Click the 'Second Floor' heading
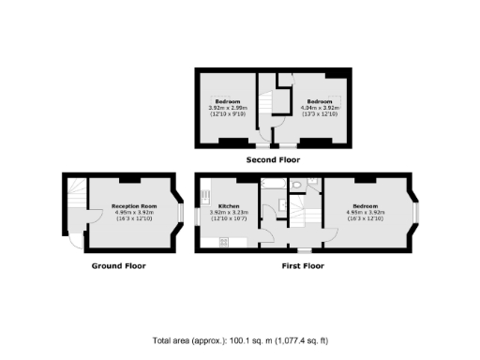tap(272, 160)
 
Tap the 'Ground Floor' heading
tap(118, 265)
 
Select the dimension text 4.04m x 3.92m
tap(319, 108)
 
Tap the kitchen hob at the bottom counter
tap(225, 243)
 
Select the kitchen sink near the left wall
tap(202, 198)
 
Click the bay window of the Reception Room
tap(177, 212)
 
